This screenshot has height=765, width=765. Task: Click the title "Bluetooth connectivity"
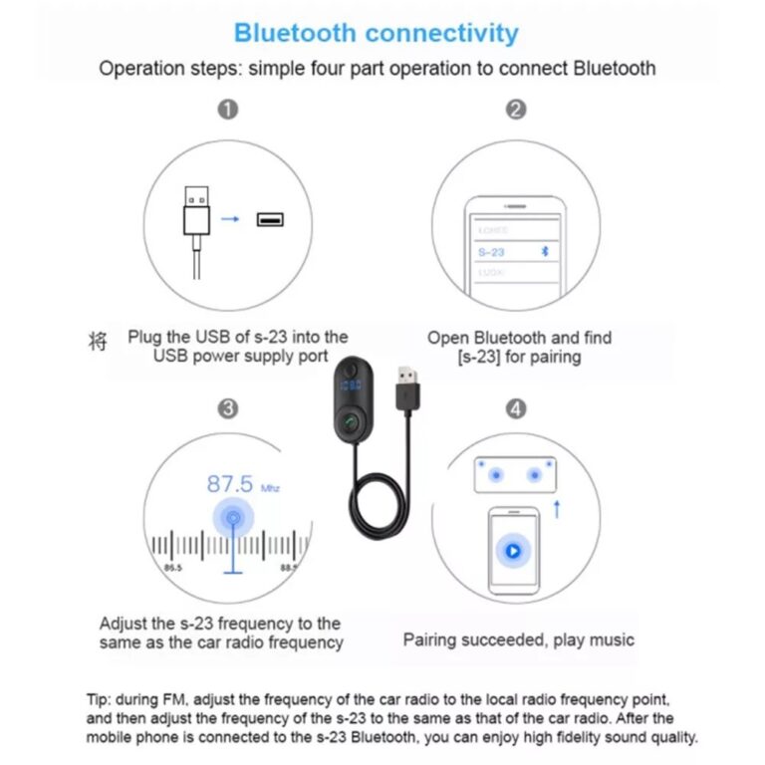[x=376, y=33]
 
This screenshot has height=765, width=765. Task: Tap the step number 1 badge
[x=228, y=110]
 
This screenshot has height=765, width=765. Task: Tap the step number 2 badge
[x=515, y=110]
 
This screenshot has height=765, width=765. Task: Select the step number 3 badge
[x=228, y=408]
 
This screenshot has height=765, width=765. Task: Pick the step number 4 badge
[x=515, y=408]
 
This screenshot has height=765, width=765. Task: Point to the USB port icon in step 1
[x=270, y=218]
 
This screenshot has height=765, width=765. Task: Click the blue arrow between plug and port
[x=231, y=218]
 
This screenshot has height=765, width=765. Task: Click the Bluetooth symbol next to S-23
[x=544, y=252]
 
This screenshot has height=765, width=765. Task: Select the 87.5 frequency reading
[x=229, y=485]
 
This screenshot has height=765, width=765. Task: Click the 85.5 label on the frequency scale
[x=173, y=568]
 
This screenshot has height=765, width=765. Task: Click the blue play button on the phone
[x=513, y=549]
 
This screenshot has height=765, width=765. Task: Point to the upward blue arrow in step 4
[x=557, y=509]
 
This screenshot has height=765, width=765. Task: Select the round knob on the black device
[x=348, y=422]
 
